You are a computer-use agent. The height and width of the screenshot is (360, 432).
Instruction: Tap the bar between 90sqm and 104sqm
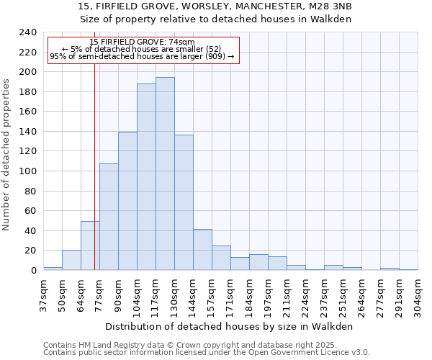(x=127, y=201)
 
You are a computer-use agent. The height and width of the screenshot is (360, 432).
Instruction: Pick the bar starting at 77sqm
(x=109, y=217)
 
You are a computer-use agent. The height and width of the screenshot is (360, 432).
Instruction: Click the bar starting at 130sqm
(x=184, y=202)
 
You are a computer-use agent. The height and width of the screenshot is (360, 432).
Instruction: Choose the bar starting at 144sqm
(x=202, y=249)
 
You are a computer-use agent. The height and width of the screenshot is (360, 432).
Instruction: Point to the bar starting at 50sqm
(x=71, y=260)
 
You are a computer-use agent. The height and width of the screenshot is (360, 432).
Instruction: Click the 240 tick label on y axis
(x=28, y=32)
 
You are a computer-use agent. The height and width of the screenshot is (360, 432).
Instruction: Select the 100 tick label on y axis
(x=28, y=171)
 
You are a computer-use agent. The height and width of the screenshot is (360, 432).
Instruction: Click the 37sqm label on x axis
(x=43, y=295)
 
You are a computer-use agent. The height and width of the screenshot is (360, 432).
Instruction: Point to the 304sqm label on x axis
(x=418, y=295)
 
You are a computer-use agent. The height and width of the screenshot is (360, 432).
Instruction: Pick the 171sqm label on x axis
(x=230, y=295)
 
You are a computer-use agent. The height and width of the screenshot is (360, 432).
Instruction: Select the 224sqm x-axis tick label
(x=305, y=295)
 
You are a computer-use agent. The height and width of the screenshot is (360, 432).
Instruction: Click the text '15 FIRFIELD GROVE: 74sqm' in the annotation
(x=142, y=42)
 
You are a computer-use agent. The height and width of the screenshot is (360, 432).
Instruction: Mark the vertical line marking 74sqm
(x=94, y=180)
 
